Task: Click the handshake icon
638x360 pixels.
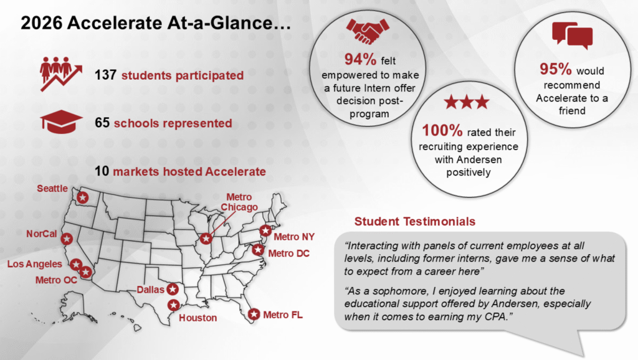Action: pyautogui.click(x=368, y=31)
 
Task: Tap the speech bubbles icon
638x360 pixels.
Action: pyautogui.click(x=572, y=36)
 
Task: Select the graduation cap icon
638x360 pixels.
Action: pyautogui.click(x=61, y=121)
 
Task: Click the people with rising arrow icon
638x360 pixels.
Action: pyautogui.click(x=60, y=74)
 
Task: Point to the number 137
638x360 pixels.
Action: pyautogui.click(x=105, y=75)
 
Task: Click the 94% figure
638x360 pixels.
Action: pyautogui.click(x=360, y=59)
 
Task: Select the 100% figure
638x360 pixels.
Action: pyautogui.click(x=442, y=131)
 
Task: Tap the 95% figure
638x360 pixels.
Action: pyautogui.click(x=556, y=69)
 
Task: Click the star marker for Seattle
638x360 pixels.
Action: pyautogui.click(x=83, y=197)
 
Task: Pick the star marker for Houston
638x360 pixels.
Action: pyautogui.click(x=174, y=305)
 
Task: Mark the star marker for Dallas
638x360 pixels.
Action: pyautogui.click(x=173, y=289)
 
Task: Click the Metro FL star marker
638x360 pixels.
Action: pyautogui.click(x=254, y=314)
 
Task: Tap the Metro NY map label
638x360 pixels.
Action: pyautogui.click(x=294, y=237)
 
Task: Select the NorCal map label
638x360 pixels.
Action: pyautogui.click(x=42, y=234)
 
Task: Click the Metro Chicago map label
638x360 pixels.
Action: pyautogui.click(x=239, y=202)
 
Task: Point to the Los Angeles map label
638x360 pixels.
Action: pyautogui.click(x=35, y=264)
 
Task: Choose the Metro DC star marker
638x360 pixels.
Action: pyautogui.click(x=257, y=250)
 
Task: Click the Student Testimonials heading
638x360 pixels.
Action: pyautogui.click(x=414, y=221)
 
